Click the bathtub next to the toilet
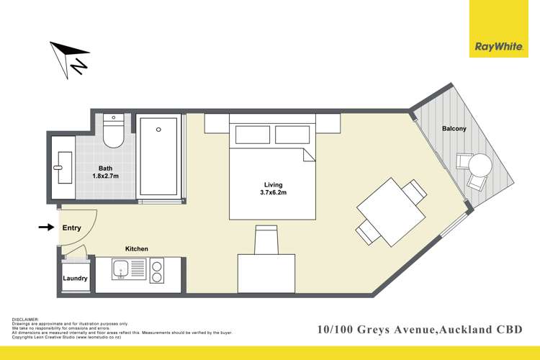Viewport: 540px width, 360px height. (x=159, y=156)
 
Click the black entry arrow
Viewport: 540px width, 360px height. (x=46, y=228)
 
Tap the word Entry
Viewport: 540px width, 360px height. (x=72, y=228)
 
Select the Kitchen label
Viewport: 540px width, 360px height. (x=137, y=249)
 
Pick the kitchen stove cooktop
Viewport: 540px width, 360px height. (x=156, y=271)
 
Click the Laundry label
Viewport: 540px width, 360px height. (x=76, y=279)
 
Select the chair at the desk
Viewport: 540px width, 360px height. (x=266, y=238)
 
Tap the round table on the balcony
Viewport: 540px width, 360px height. (x=480, y=166)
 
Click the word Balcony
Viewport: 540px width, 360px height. (x=454, y=129)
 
